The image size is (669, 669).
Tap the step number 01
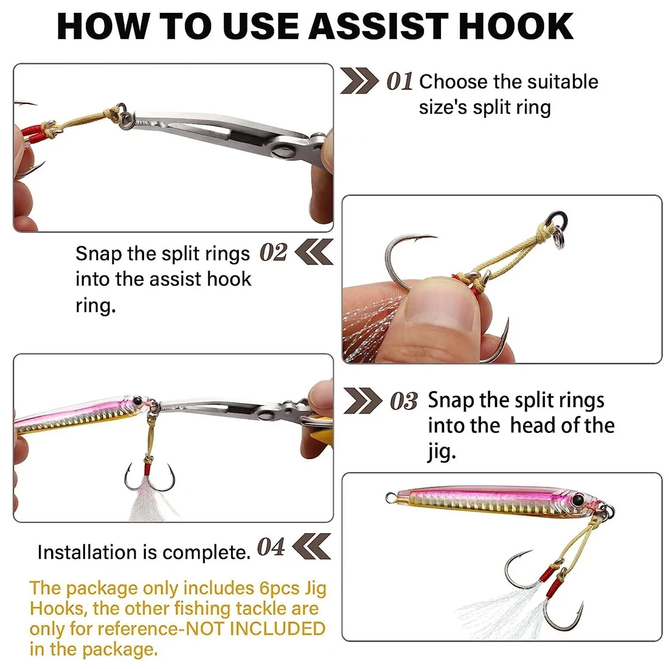point(400,81)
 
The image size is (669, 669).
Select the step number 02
point(273,252)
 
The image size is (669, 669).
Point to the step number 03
point(404,401)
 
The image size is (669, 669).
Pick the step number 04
point(271,547)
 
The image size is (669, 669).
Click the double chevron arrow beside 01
point(359,81)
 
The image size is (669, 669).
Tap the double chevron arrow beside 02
point(314,252)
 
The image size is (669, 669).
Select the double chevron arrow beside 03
point(362,401)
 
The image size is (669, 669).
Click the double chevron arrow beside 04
point(312,546)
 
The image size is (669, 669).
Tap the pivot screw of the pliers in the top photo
point(282,152)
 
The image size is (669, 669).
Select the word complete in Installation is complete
point(207,552)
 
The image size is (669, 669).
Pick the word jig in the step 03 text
point(442,452)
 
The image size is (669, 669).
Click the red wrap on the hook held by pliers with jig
point(147,470)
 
